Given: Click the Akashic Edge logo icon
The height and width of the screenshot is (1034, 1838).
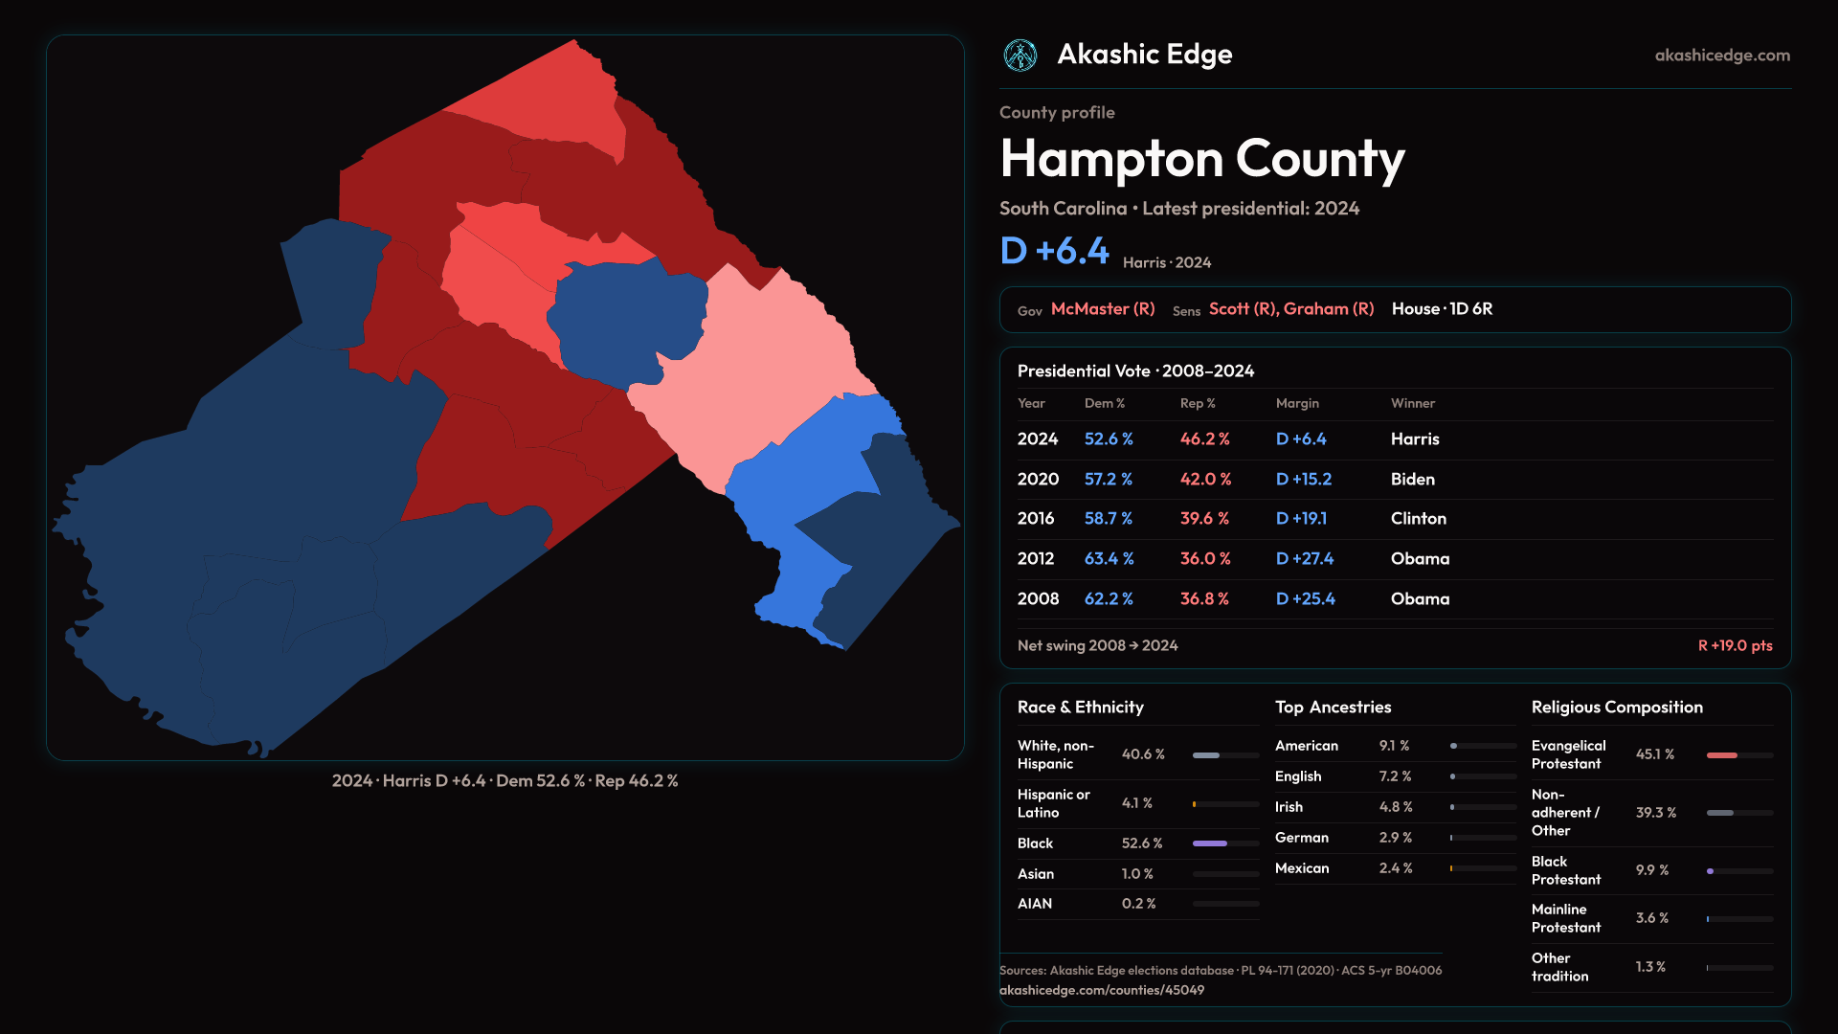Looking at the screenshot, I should [x=1020, y=56].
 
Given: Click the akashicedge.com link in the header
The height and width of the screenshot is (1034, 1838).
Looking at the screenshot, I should [x=1721, y=56].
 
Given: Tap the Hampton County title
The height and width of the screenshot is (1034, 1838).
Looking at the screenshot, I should [x=1201, y=159].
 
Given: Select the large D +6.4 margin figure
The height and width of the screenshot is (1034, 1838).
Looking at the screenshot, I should [x=1054, y=251].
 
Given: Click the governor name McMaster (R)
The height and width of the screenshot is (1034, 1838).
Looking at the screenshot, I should [x=1103, y=309].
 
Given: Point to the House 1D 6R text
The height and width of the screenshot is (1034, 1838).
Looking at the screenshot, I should [x=1442, y=309].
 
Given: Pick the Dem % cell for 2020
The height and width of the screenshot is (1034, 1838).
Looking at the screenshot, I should [x=1109, y=479].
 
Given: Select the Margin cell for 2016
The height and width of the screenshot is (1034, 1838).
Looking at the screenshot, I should [x=1301, y=518].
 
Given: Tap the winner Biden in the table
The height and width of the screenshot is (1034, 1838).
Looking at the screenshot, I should [x=1412, y=479].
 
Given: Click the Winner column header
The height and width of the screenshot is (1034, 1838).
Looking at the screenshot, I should [x=1412, y=403].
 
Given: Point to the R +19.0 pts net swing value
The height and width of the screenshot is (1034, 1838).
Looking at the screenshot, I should [x=1735, y=645].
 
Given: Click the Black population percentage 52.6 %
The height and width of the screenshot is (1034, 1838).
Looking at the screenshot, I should [x=1142, y=843].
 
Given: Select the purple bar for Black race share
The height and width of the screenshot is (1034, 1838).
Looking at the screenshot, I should [x=1210, y=843].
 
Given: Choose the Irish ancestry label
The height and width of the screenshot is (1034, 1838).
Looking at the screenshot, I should [x=1289, y=807].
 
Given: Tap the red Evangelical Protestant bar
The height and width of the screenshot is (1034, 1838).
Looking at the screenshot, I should [x=1721, y=755].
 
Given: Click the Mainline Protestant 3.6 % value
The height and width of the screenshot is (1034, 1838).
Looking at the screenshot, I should [x=1651, y=918].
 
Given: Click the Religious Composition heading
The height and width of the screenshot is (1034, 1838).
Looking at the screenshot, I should [x=1617, y=708].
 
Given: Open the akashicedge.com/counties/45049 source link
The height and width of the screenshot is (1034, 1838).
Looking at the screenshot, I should [x=1102, y=990].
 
